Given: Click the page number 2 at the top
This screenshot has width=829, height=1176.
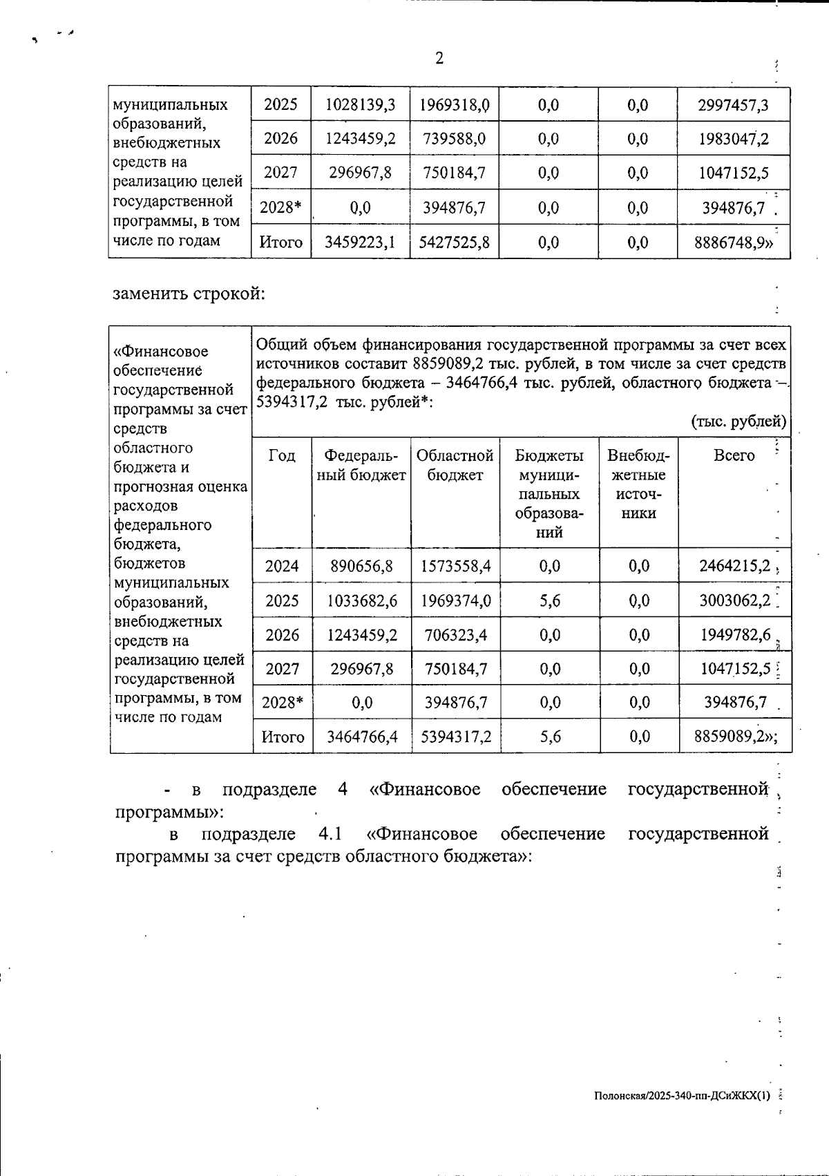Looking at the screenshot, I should pyautogui.click(x=439, y=59).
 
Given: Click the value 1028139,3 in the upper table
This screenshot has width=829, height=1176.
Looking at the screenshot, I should pyautogui.click(x=361, y=105).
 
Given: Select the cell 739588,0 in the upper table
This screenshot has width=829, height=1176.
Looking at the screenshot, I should pyautogui.click(x=455, y=139).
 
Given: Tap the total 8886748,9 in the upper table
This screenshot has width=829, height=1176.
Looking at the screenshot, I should pyautogui.click(x=734, y=243).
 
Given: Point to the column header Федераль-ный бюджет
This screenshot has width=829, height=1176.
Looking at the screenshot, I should pyautogui.click(x=361, y=465).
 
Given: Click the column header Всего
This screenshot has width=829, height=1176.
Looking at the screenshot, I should pyautogui.click(x=734, y=455).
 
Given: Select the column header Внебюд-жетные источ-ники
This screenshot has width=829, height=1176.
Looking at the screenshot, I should pyautogui.click(x=638, y=484).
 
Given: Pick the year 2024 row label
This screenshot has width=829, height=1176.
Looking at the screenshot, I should pyautogui.click(x=282, y=566).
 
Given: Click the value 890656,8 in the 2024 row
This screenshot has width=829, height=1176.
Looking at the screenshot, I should pyautogui.click(x=361, y=566).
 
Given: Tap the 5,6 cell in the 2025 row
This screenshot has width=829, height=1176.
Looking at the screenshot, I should pyautogui.click(x=550, y=600).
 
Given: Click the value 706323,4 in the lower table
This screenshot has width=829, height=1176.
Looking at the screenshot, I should pyautogui.click(x=455, y=634).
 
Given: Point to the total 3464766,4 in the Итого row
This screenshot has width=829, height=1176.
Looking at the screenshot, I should pyautogui.click(x=362, y=737).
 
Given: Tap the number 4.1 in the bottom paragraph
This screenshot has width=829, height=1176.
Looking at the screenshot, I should pyautogui.click(x=331, y=834).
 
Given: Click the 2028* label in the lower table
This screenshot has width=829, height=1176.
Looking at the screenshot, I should pyautogui.click(x=282, y=703).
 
